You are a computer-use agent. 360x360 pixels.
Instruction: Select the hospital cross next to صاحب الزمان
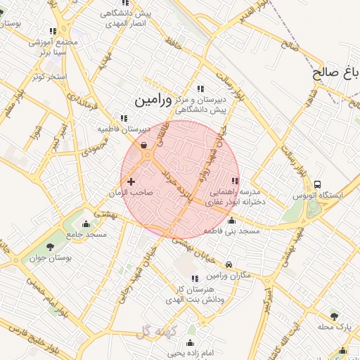(x=131, y=181)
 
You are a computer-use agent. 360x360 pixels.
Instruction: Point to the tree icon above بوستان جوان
(x=51, y=247)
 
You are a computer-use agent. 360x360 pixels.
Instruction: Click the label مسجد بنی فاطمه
(x=231, y=231)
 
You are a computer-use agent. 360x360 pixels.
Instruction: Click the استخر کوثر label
(x=49, y=76)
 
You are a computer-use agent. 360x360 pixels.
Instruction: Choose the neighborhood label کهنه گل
(x=154, y=331)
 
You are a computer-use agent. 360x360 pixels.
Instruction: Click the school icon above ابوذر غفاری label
(x=234, y=181)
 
